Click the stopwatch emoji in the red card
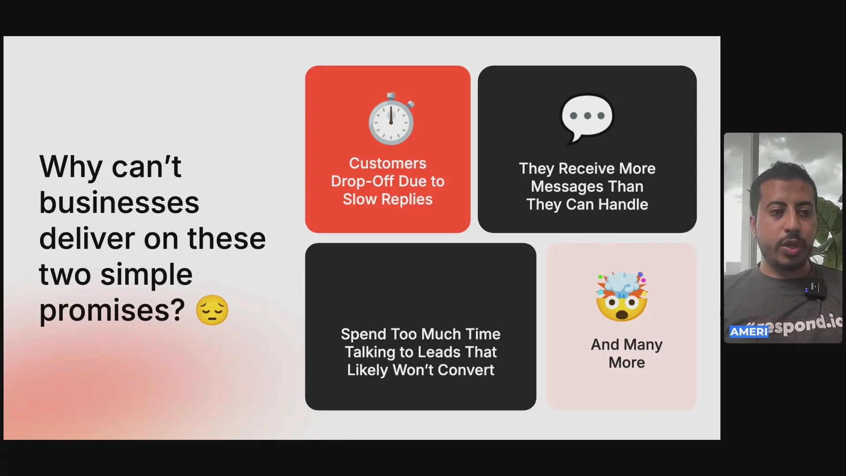coord(391,119)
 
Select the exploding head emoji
coord(622,296)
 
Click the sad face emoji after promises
coord(212,310)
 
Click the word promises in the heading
coord(112,311)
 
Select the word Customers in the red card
coord(388,163)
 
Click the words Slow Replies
coord(388,199)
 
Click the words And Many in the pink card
coord(627,345)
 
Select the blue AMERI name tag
coord(749,332)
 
